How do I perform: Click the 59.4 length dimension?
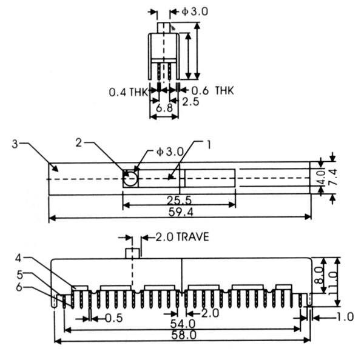(179, 213)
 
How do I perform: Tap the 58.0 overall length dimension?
(179, 335)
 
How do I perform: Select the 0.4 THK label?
(129, 93)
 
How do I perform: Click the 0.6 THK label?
(210, 90)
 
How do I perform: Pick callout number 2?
(79, 143)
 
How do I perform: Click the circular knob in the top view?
(129, 179)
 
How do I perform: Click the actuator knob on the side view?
(132, 253)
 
